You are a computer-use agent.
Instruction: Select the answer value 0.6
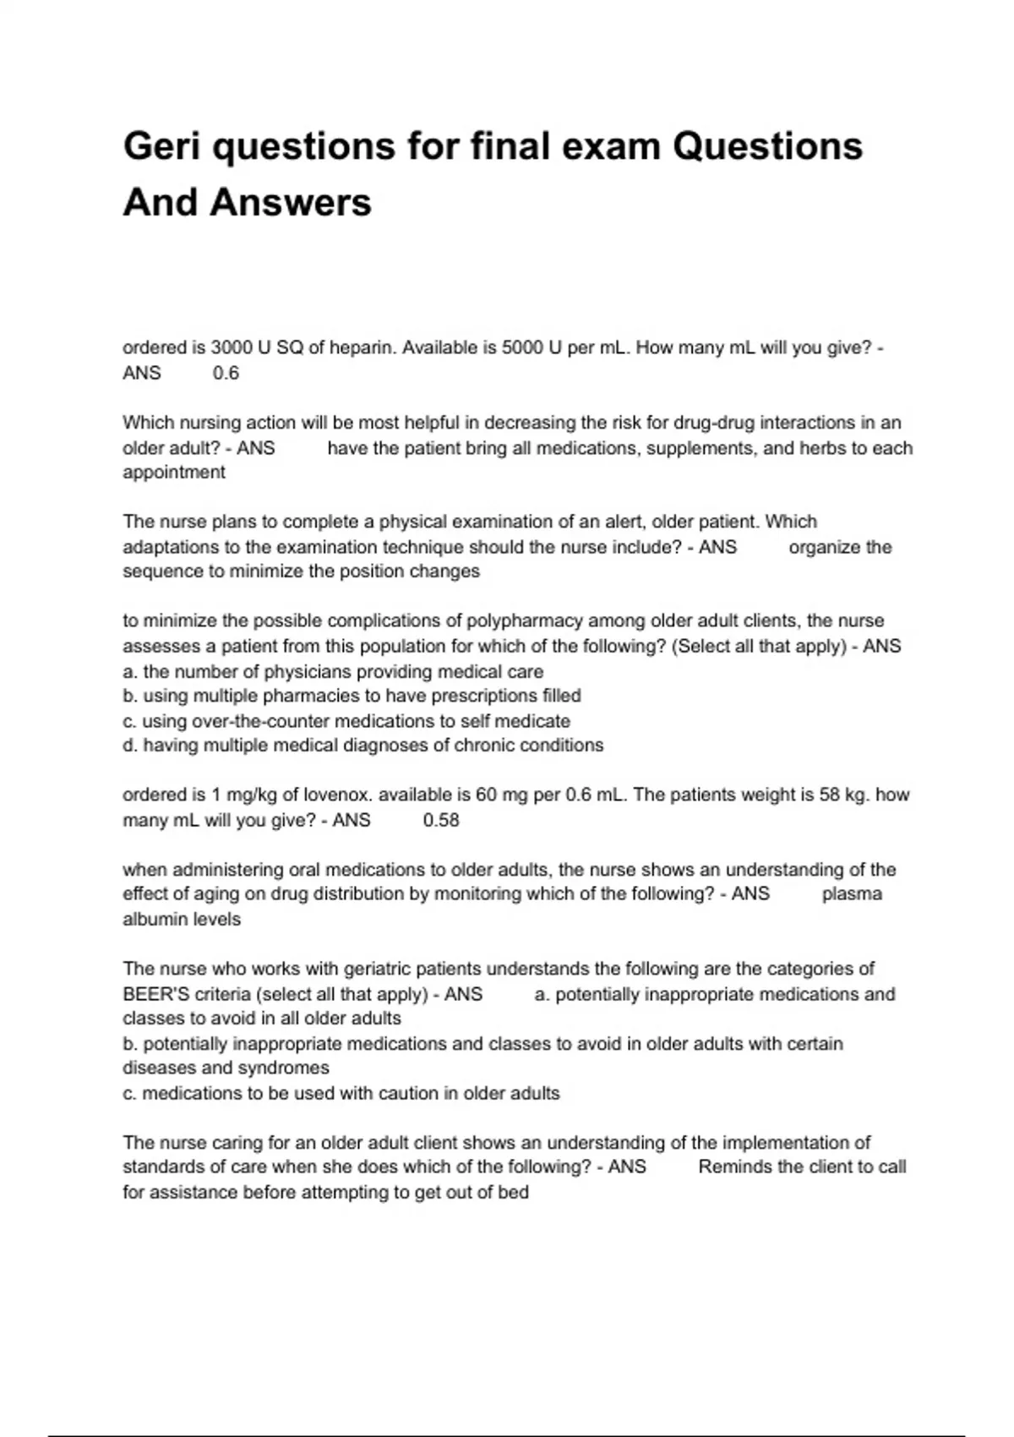coord(226,374)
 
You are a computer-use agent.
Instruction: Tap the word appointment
coord(174,473)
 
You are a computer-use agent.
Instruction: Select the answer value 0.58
coord(441,821)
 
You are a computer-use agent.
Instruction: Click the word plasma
coord(852,894)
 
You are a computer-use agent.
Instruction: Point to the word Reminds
coord(733,1167)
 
